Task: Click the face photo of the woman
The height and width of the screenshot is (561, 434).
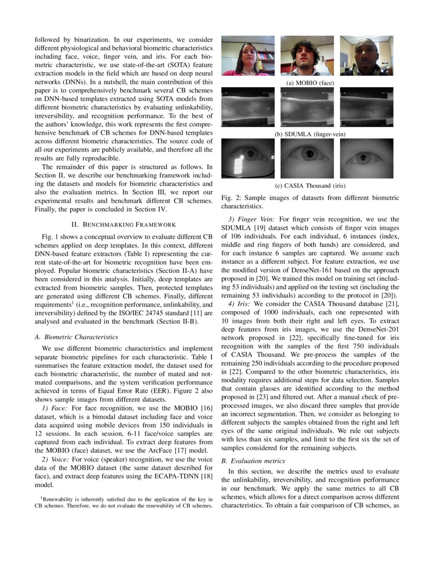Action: [248, 56]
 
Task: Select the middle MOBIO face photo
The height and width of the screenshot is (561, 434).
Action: [307, 56]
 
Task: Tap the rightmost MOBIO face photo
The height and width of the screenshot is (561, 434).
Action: [366, 56]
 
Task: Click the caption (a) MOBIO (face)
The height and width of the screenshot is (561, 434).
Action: [307, 82]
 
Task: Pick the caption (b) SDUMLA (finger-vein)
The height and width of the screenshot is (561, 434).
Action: [307, 134]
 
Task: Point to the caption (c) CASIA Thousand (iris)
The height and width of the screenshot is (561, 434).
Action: [307, 186]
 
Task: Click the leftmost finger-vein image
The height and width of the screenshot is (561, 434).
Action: [248, 108]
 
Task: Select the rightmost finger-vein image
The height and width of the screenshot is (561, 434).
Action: [366, 108]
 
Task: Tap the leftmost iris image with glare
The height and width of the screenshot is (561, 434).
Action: [248, 158]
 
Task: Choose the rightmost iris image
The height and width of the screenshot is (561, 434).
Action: [366, 158]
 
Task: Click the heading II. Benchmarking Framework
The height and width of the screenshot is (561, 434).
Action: [124, 224]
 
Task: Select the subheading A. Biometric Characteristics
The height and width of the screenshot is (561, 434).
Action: [76, 337]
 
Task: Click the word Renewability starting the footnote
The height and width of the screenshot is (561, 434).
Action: [59, 499]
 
